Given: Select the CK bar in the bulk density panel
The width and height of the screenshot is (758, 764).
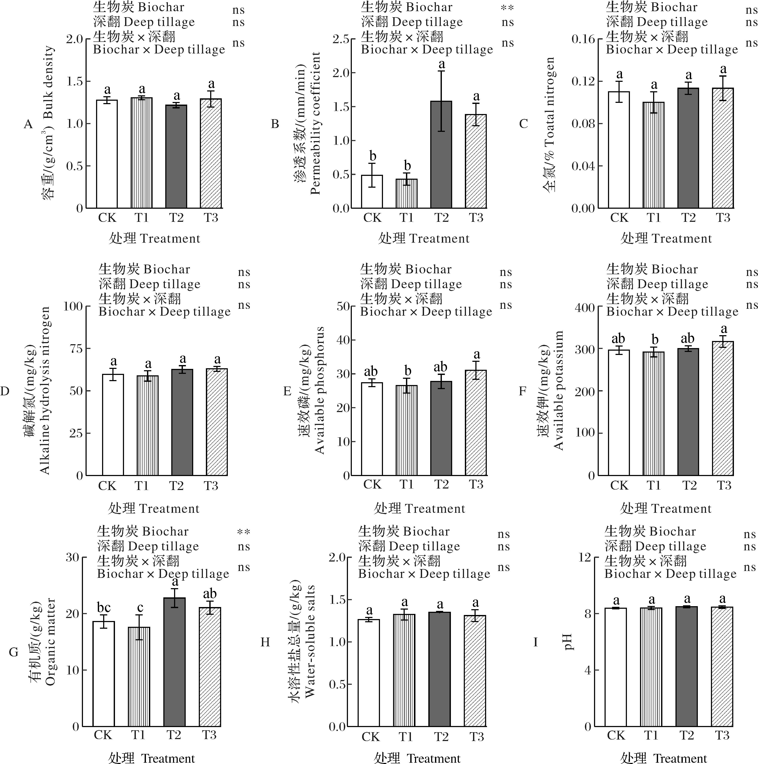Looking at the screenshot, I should coord(107,154).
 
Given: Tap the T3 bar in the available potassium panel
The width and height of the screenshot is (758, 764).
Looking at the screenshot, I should coord(723,408).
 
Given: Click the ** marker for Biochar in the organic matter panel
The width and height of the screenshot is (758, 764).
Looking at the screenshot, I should coord(243,532).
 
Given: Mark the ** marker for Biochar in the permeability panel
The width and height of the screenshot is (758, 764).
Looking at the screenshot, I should coord(507,8).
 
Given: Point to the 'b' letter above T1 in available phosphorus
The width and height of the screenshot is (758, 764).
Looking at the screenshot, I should coord(407,371).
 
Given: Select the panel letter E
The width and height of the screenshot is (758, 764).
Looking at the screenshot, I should coord(287,391).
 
